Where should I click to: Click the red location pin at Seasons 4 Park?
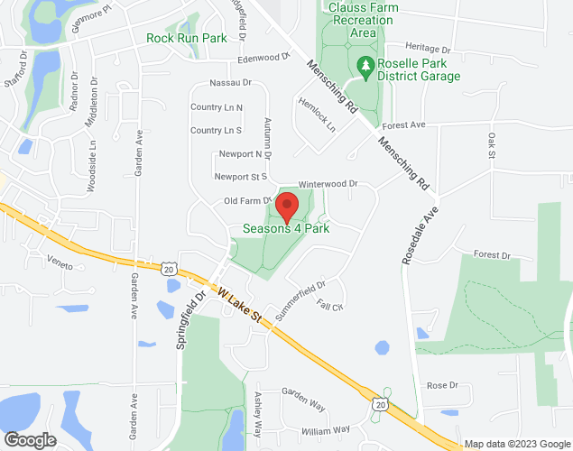coord(287,207)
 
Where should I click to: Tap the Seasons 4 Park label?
coord(286,229)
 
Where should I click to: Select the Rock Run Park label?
coord(187,39)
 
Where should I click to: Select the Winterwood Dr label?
coord(328,183)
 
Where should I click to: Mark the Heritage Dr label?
coord(427,48)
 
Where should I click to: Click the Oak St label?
coord(493,145)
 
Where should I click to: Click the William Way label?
coord(327,430)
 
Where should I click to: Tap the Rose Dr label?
coord(442,385)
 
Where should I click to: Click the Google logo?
coord(29,440)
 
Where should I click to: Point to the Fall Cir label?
coord(330,307)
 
